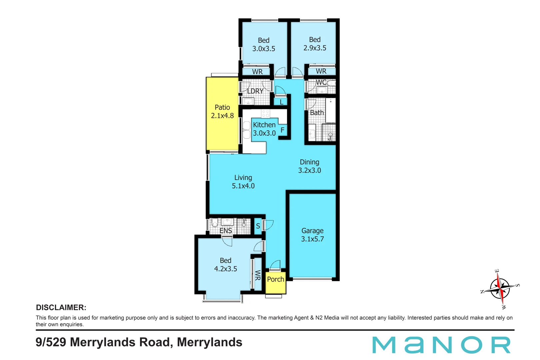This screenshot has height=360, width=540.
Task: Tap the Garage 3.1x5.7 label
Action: coord(312,235)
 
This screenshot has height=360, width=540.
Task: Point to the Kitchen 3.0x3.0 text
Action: coord(264,129)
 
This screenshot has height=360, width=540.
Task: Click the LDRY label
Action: coord(255,91)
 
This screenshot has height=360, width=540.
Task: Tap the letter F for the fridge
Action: coord(282,130)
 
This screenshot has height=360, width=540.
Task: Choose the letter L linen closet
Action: coord(281,102)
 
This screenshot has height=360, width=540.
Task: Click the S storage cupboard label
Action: coord(258,226)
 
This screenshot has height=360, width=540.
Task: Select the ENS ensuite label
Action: coord(226,230)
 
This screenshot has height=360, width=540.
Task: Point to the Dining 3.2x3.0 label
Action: coord(309,166)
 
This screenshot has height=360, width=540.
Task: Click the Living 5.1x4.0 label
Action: coord(243,182)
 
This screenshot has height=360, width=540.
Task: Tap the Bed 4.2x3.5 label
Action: coord(225,264)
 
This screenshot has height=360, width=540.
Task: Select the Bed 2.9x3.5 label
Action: coord(315,44)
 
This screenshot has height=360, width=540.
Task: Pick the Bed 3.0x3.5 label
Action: coord(264,44)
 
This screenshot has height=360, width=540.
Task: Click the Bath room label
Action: coord(317,113)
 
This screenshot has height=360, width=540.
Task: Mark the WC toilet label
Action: coord(321,82)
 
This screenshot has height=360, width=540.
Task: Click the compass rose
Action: coord(500,289)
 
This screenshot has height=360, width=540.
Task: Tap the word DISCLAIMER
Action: coord(61,307)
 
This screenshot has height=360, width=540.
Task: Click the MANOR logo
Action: coord(441,345)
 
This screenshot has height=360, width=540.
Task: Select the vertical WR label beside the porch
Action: coord(258,275)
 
